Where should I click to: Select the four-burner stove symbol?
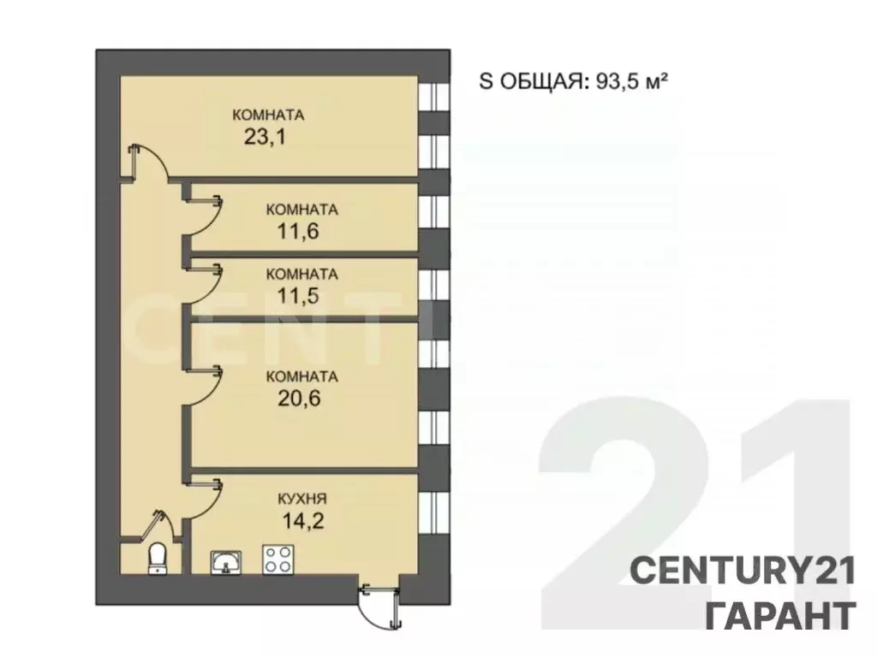click(x=276, y=559)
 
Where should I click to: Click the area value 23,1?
click(x=264, y=137)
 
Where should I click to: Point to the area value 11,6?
click(x=298, y=230)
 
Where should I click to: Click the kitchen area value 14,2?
click(x=301, y=520)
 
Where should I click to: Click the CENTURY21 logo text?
click(x=743, y=571)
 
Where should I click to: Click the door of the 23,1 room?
click(x=147, y=162)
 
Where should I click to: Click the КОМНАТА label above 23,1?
click(x=269, y=115)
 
